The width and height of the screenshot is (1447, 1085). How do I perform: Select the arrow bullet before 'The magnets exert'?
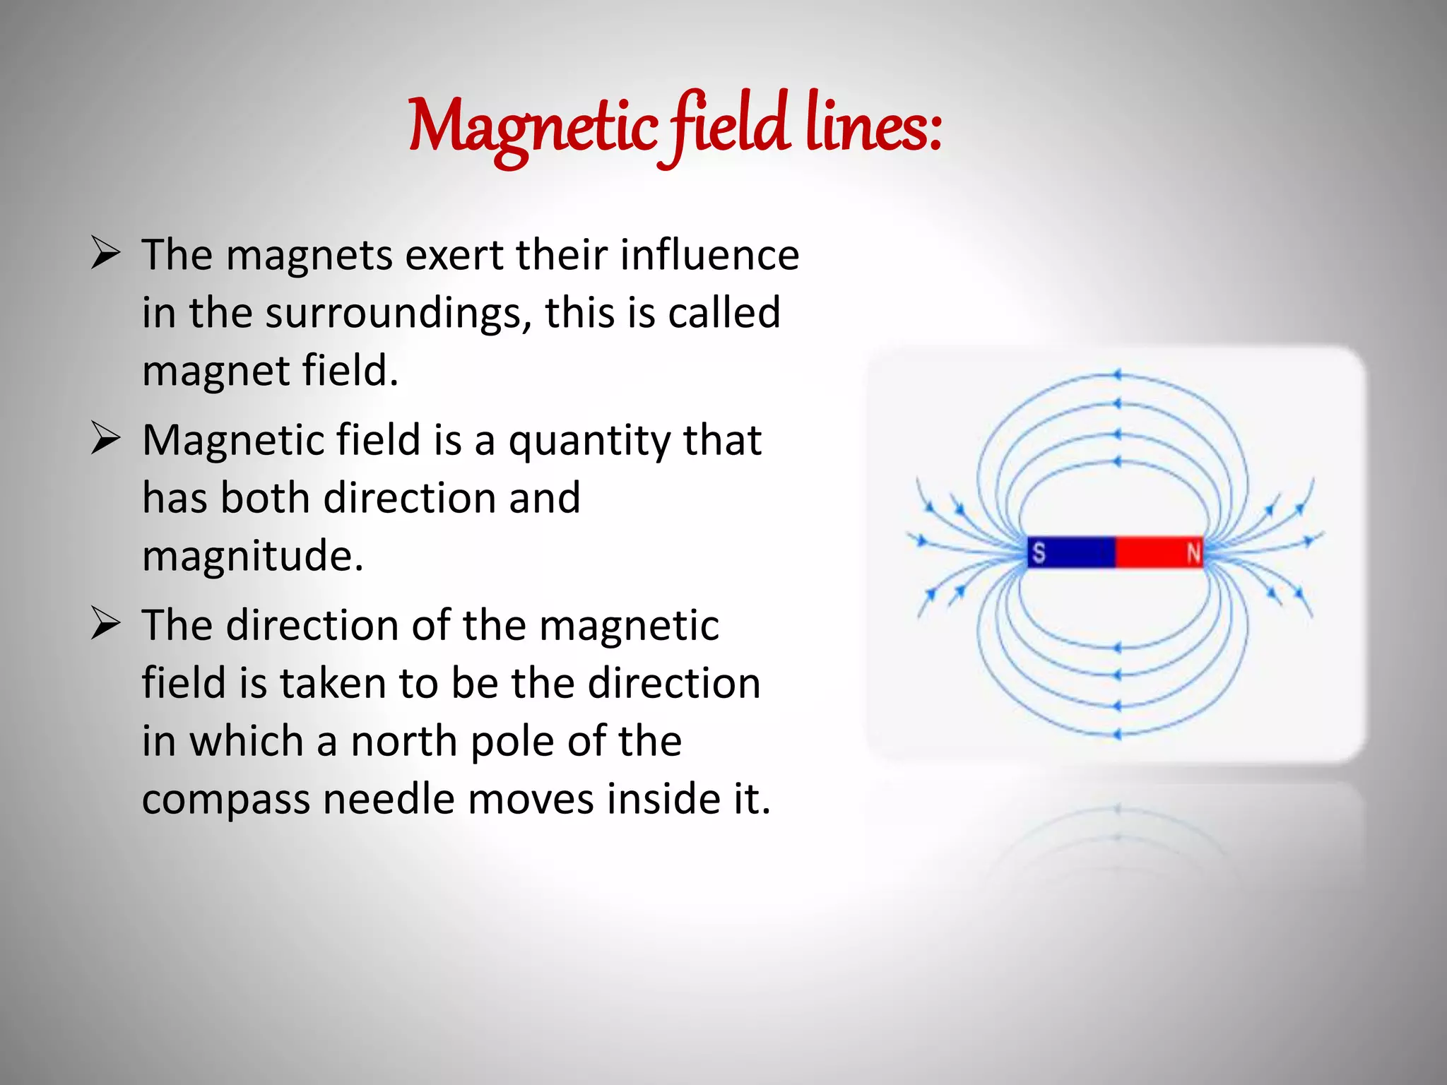coord(105,254)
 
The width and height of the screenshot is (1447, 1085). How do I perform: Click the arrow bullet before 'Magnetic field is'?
coord(105,439)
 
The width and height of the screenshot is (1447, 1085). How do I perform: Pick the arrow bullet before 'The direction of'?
coord(105,624)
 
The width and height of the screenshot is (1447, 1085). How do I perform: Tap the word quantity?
coord(589,441)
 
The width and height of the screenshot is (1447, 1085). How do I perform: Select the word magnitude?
coord(252,557)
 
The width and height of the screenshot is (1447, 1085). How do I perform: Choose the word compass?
coord(225,800)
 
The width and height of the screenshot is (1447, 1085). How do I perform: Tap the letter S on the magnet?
coord(1038,552)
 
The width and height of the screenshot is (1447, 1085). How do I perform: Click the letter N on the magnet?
coord(1193,552)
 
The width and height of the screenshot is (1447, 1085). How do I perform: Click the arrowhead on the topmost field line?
coord(1117,375)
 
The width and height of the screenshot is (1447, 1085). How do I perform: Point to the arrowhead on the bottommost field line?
coord(1117,735)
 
